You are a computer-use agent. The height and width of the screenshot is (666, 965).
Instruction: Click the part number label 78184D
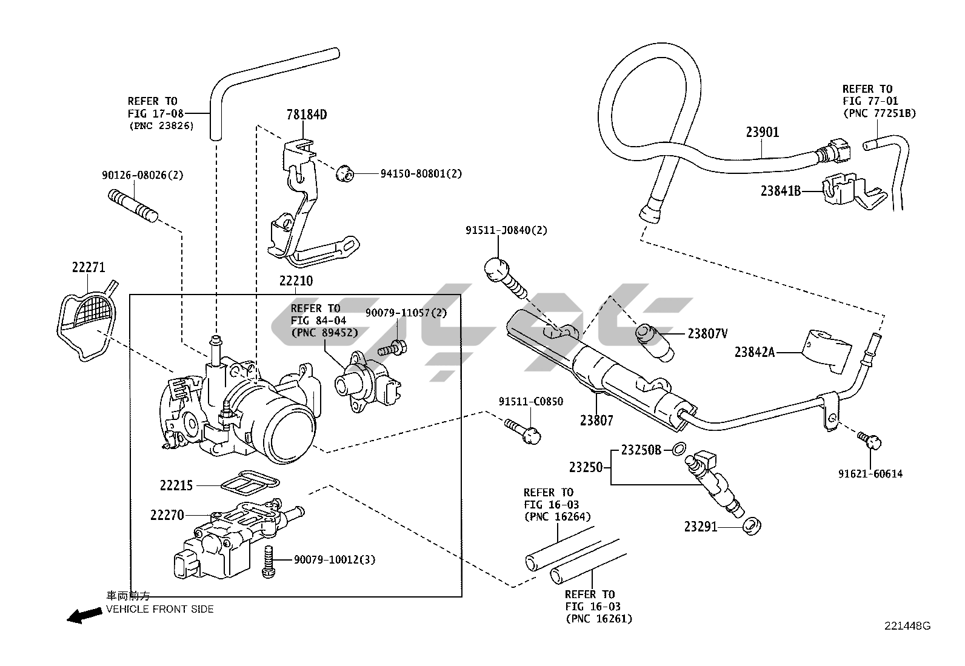click(x=307, y=115)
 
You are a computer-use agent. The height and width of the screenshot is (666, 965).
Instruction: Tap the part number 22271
click(x=88, y=267)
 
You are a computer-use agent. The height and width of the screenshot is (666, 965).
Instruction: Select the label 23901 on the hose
click(x=763, y=132)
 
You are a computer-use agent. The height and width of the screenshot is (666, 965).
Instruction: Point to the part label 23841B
click(x=780, y=190)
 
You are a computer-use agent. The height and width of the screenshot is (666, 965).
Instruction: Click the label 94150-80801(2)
click(x=421, y=173)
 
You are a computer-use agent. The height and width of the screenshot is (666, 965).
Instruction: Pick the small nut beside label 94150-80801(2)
click(x=345, y=173)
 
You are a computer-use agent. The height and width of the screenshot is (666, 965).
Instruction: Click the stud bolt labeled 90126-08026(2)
click(x=133, y=206)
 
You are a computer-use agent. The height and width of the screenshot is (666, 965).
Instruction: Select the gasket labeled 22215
click(x=250, y=482)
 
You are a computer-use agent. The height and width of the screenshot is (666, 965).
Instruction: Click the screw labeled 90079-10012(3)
click(x=269, y=561)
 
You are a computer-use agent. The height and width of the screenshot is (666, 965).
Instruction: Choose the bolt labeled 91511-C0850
click(x=523, y=431)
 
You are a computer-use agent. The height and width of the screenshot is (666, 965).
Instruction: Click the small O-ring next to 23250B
click(x=678, y=449)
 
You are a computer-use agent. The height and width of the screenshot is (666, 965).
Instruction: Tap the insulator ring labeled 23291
click(x=752, y=526)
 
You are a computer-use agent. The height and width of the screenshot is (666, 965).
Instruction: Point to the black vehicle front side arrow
click(x=84, y=615)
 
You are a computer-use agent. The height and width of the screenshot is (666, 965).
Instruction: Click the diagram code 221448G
click(x=907, y=638)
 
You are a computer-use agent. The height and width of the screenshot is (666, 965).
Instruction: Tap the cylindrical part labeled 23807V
click(x=655, y=342)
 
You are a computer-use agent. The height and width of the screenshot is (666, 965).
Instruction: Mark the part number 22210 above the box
click(x=296, y=281)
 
